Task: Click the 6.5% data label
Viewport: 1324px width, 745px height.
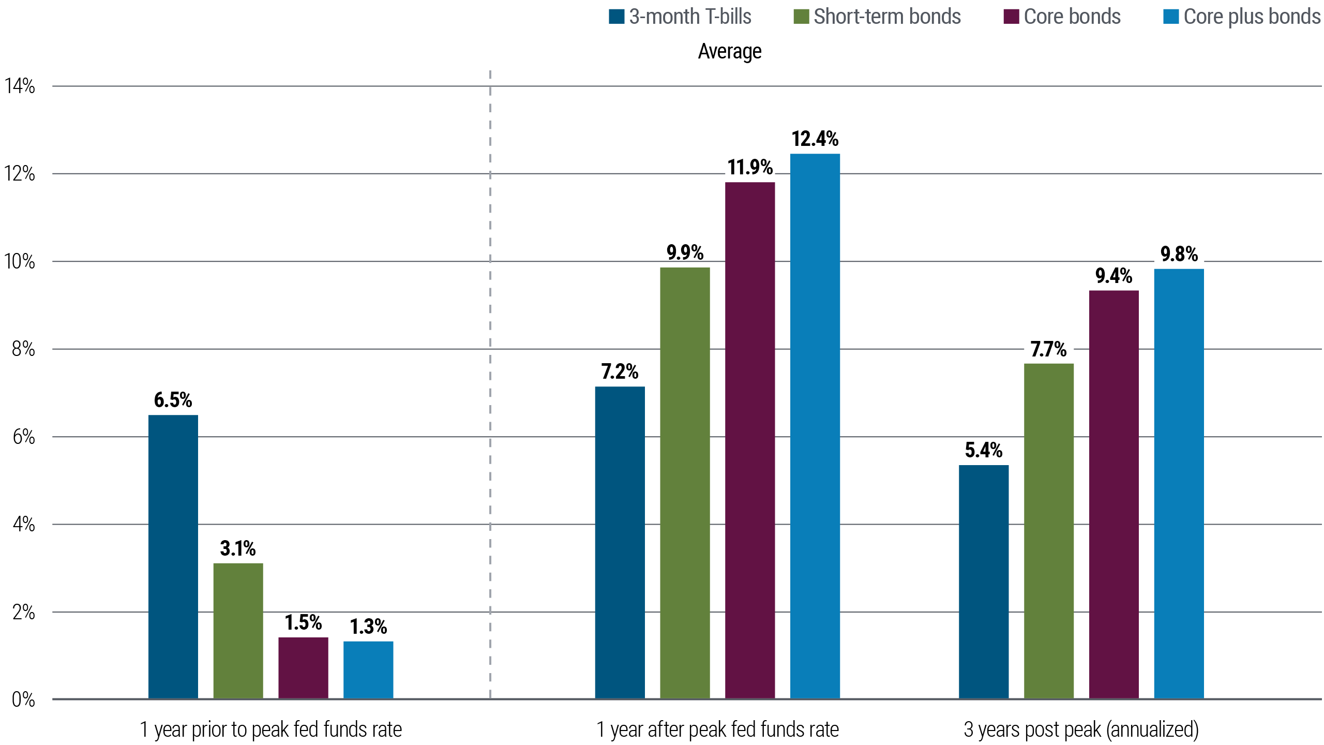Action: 173,400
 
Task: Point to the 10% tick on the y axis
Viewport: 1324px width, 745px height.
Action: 20,262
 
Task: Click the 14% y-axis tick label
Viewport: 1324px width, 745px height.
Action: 20,86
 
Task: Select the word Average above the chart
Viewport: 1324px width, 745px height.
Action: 729,51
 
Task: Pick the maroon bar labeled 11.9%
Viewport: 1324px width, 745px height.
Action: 750,440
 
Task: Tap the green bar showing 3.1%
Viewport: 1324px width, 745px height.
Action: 238,630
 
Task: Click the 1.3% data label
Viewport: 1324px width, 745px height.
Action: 368,627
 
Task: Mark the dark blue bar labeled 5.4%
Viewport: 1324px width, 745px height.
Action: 983,582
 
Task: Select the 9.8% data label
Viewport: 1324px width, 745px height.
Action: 1179,255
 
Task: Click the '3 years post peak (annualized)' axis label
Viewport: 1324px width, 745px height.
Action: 1081,729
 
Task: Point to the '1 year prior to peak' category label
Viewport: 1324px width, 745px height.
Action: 270,729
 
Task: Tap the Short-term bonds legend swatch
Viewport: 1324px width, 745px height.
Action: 801,17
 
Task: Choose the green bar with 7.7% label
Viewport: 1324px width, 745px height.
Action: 1048,530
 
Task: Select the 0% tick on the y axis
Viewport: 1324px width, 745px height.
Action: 23,700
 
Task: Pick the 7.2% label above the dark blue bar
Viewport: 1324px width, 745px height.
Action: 620,371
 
